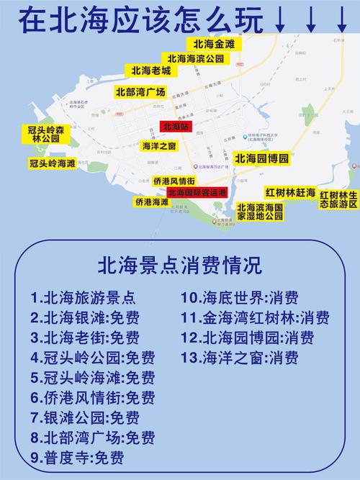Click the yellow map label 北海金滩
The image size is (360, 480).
pyautogui.click(x=214, y=44)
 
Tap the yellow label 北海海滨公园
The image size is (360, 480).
pyautogui.click(x=195, y=58)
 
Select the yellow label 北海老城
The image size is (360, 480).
pyautogui.click(x=151, y=71)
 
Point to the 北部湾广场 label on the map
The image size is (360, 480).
pyautogui.click(x=140, y=92)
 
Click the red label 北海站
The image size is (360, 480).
pyautogui.click(x=175, y=127)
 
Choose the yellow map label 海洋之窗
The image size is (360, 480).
pyautogui.click(x=157, y=146)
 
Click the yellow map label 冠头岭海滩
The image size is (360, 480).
pyautogui.click(x=52, y=163)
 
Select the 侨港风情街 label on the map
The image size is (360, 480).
pyautogui.click(x=174, y=181)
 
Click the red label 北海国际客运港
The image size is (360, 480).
pyautogui.click(x=197, y=192)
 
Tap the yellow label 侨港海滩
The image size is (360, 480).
pyautogui.click(x=151, y=202)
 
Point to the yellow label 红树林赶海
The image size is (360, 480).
pyautogui.click(x=291, y=193)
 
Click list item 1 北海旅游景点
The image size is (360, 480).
pyautogui.click(x=83, y=297)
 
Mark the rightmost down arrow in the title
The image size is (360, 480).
pyautogui.click(x=341, y=19)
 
